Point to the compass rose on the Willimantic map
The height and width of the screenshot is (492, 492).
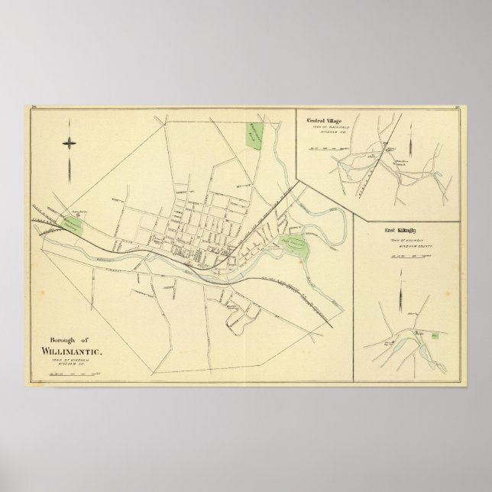coord(70,142)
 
